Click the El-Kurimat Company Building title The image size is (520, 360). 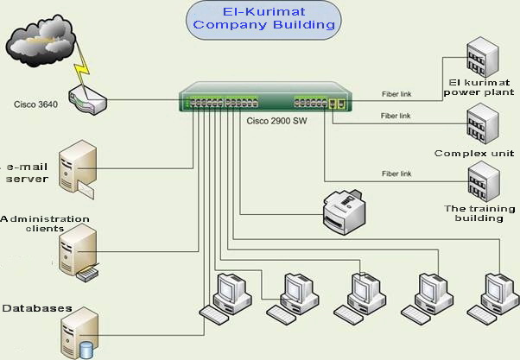[263, 18]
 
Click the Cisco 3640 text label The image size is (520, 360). [36, 104]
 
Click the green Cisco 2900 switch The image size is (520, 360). [263, 100]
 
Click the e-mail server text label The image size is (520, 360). [28, 172]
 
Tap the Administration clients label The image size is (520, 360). [44, 224]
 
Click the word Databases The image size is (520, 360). [36, 308]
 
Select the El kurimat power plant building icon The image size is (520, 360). [480, 60]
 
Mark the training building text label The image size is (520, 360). [479, 213]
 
